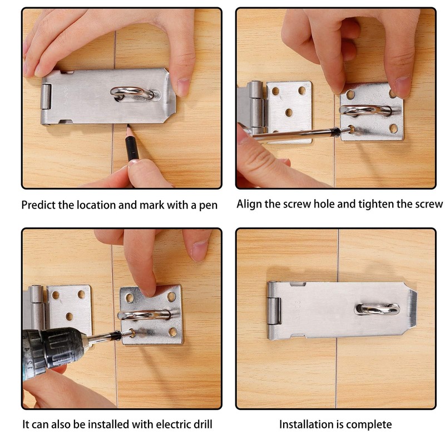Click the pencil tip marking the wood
tap(128, 127)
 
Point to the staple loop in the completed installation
tap(377, 309)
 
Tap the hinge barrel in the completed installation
tap(274, 310)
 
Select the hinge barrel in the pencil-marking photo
tap(46, 97)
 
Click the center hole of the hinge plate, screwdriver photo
tap(289, 113)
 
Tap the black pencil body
tap(131, 145)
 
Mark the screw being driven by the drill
tap(128, 333)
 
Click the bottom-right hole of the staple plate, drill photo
tap(173, 332)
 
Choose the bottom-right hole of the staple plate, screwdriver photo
tap(393, 128)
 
